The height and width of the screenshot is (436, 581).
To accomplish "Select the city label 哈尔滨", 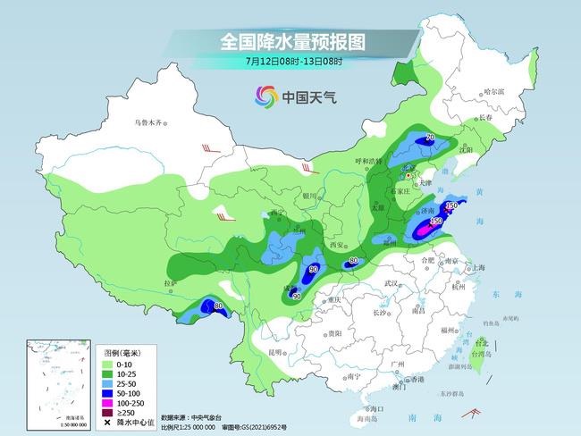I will pos(494,92).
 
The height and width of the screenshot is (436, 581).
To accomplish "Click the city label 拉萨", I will pos(170,283).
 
